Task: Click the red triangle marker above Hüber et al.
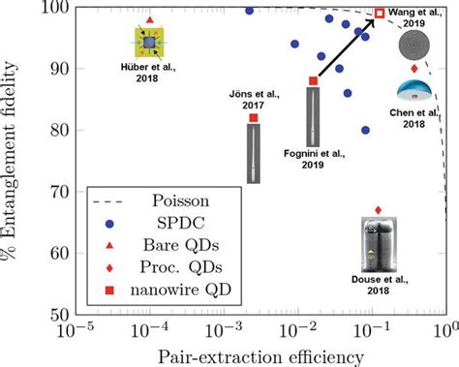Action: pos(148,19)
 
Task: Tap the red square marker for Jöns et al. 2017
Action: pos(254,118)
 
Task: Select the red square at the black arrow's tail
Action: pos(313,81)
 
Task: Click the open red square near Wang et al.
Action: pos(380,14)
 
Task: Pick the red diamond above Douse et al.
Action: pos(378,210)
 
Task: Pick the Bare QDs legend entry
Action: pos(177,245)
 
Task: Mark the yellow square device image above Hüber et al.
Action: pos(147,44)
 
